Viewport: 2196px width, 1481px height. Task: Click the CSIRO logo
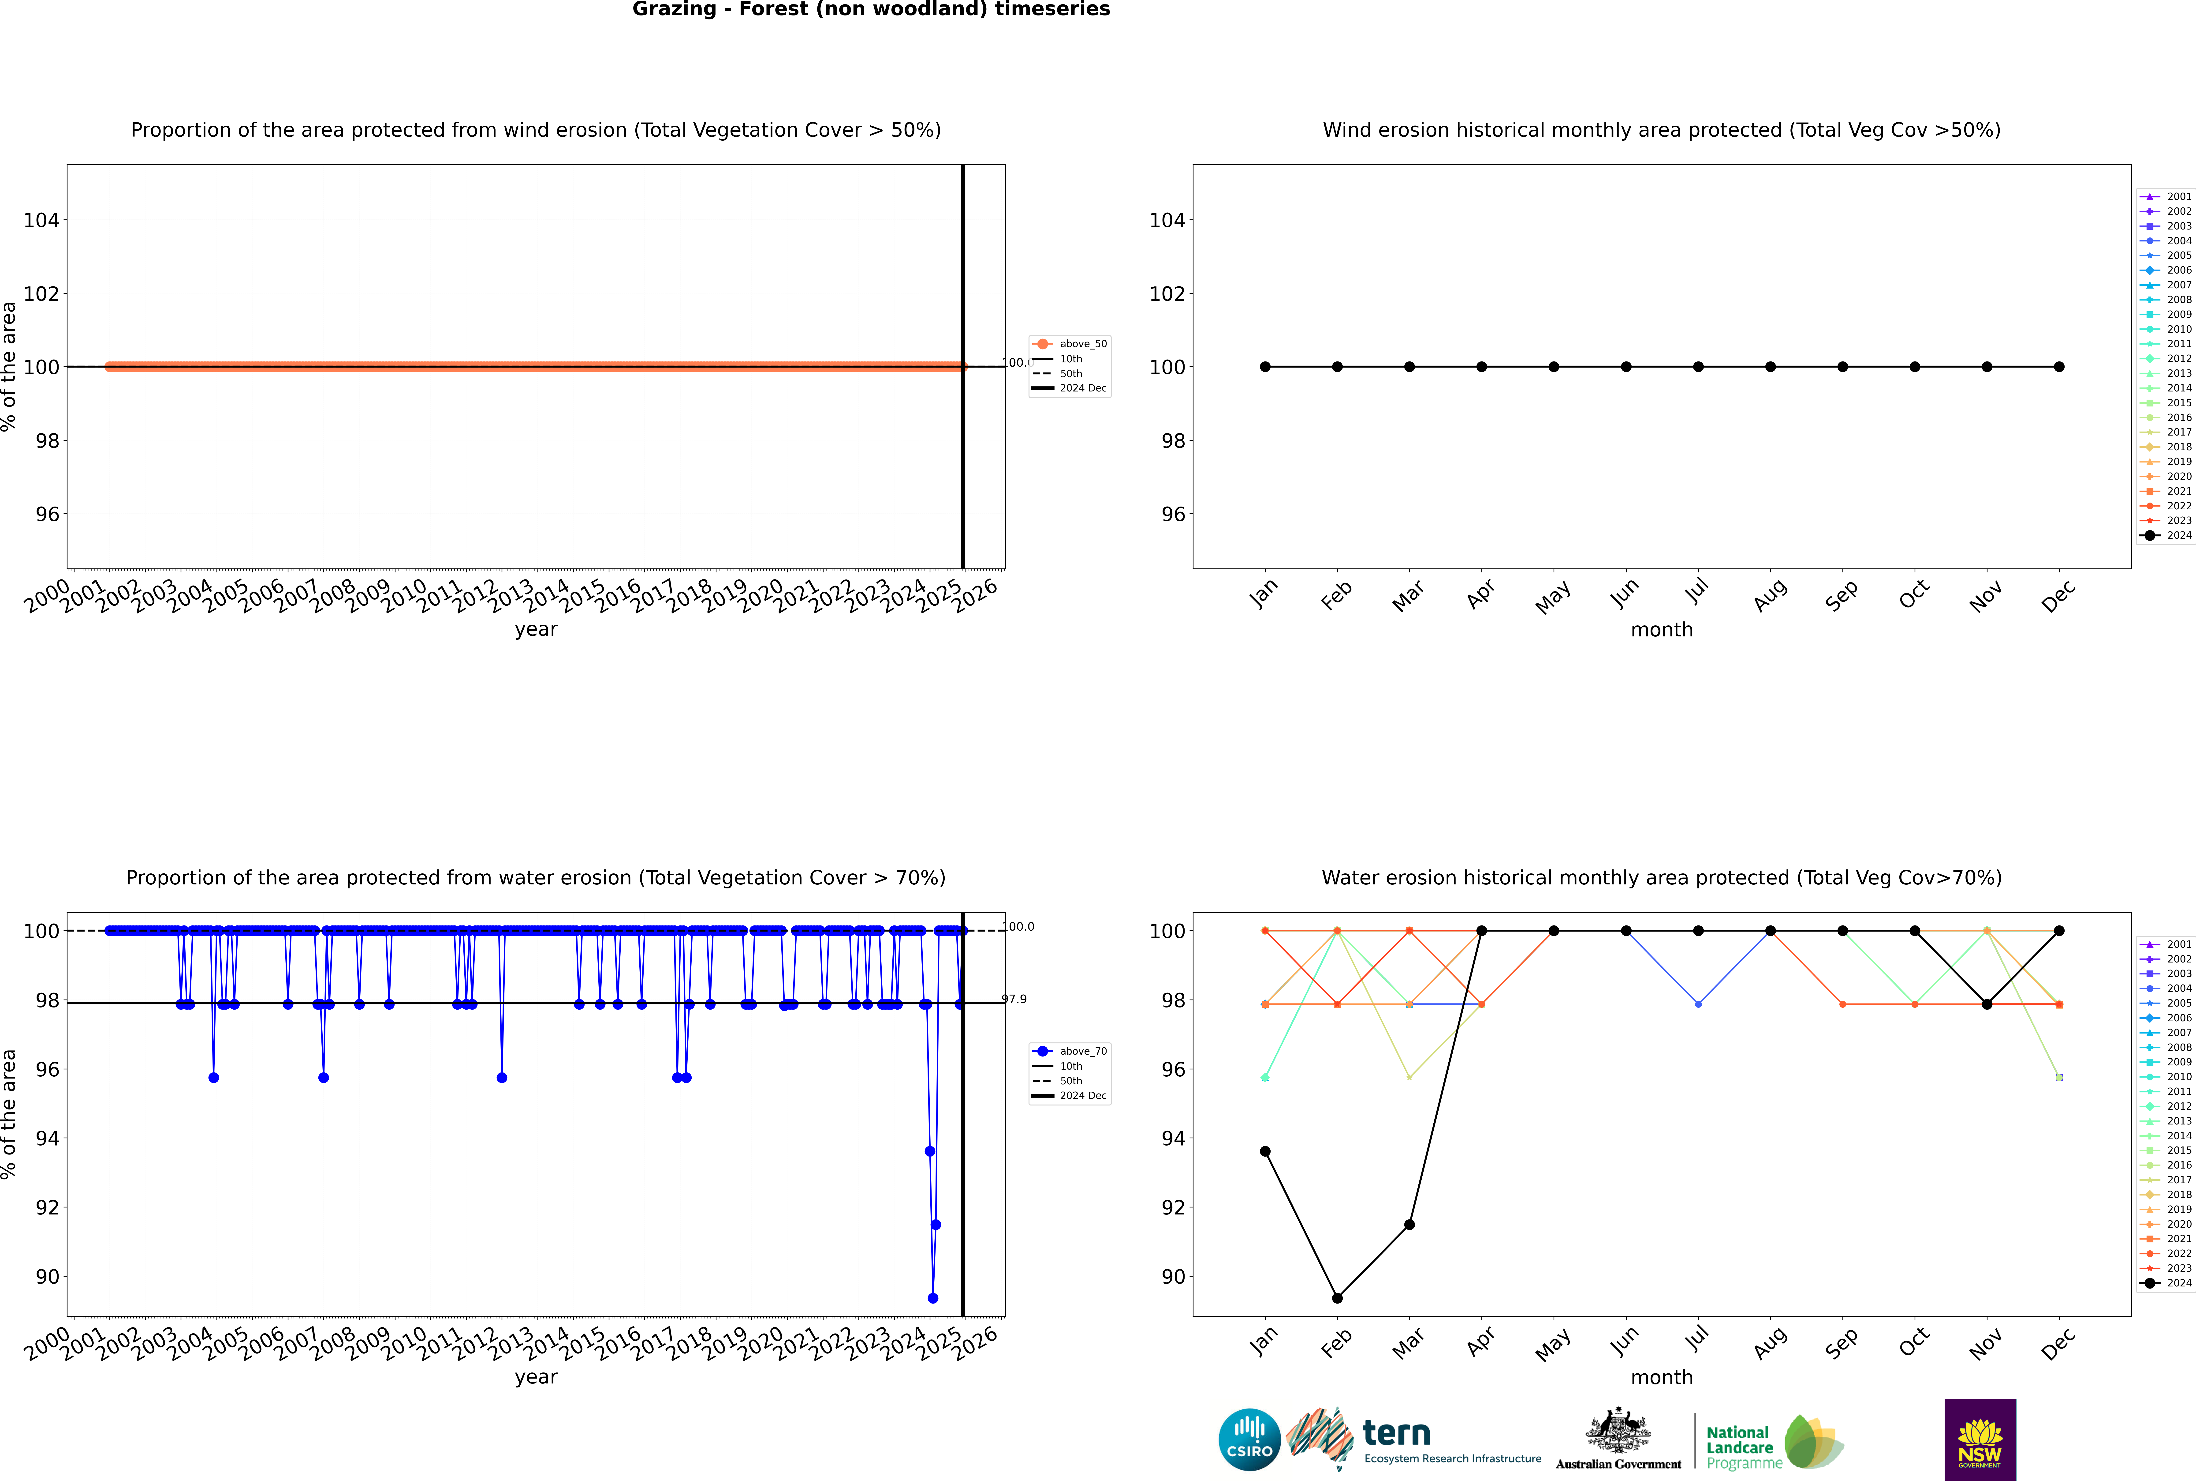coord(1249,1440)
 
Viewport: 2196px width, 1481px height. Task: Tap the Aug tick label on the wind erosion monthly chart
coord(1770,595)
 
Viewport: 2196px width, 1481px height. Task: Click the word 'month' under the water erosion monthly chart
coord(1662,1377)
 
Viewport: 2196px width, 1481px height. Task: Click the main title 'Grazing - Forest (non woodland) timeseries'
coord(870,9)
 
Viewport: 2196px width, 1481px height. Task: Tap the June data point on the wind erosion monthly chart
coord(1626,366)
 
